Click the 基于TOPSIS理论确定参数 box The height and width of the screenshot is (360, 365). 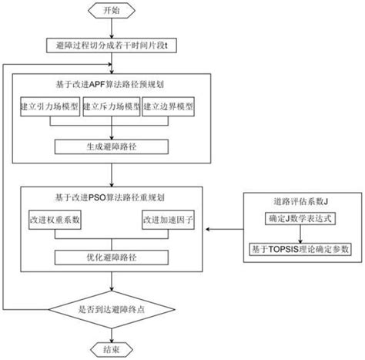[x=300, y=250]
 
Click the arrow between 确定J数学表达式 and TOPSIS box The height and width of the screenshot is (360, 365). [x=300, y=236]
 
